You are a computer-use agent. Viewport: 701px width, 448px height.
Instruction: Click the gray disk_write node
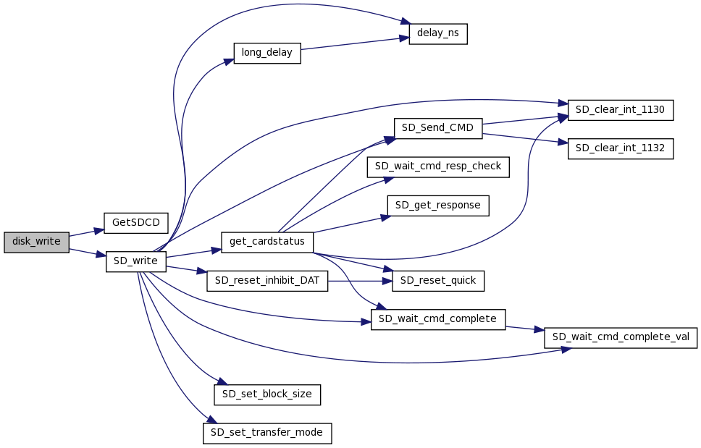[36, 242]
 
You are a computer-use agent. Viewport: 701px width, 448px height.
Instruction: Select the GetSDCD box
[136, 222]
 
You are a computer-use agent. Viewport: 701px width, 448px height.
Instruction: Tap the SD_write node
[136, 262]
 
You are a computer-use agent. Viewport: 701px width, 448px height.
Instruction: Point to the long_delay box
[266, 54]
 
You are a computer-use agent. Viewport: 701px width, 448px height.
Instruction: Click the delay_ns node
[438, 34]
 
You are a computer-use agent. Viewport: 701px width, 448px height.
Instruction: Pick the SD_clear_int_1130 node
[621, 110]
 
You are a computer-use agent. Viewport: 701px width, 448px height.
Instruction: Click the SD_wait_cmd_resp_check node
[439, 167]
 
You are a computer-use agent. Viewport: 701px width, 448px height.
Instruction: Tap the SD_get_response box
[438, 206]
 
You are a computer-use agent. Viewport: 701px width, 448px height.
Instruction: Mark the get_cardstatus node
[267, 242]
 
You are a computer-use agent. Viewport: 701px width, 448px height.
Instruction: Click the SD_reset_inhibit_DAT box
[267, 281]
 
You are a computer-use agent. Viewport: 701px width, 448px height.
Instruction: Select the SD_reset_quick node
[438, 281]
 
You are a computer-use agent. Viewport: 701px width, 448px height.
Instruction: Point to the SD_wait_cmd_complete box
[438, 319]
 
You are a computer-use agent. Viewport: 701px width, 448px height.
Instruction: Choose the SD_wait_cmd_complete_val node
[621, 338]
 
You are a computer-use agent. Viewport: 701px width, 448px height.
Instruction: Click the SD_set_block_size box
[267, 395]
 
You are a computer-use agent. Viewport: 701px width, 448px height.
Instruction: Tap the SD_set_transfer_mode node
[267, 434]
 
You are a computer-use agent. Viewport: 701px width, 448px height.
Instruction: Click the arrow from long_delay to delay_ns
[350, 44]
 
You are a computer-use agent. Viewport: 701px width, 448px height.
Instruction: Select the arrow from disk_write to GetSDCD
[87, 232]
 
